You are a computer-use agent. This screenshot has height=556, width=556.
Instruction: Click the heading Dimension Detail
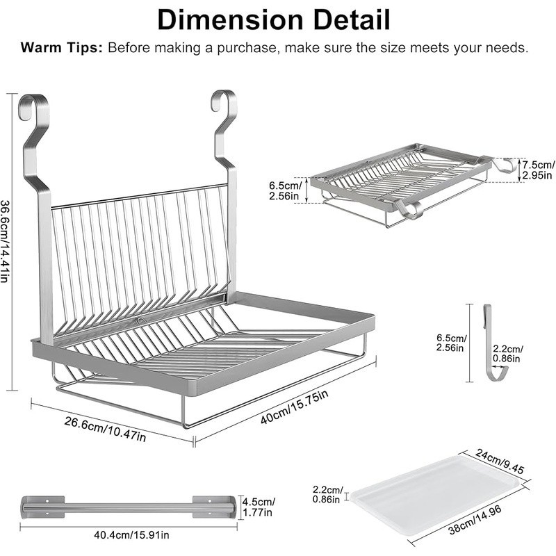pyautogui.click(x=274, y=20)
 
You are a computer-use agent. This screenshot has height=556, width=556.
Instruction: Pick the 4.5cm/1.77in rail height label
pyautogui.click(x=259, y=507)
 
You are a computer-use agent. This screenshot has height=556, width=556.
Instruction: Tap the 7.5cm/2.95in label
pyautogui.click(x=539, y=170)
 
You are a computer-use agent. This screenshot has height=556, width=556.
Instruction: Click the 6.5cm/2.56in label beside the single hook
pyautogui.click(x=452, y=343)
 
